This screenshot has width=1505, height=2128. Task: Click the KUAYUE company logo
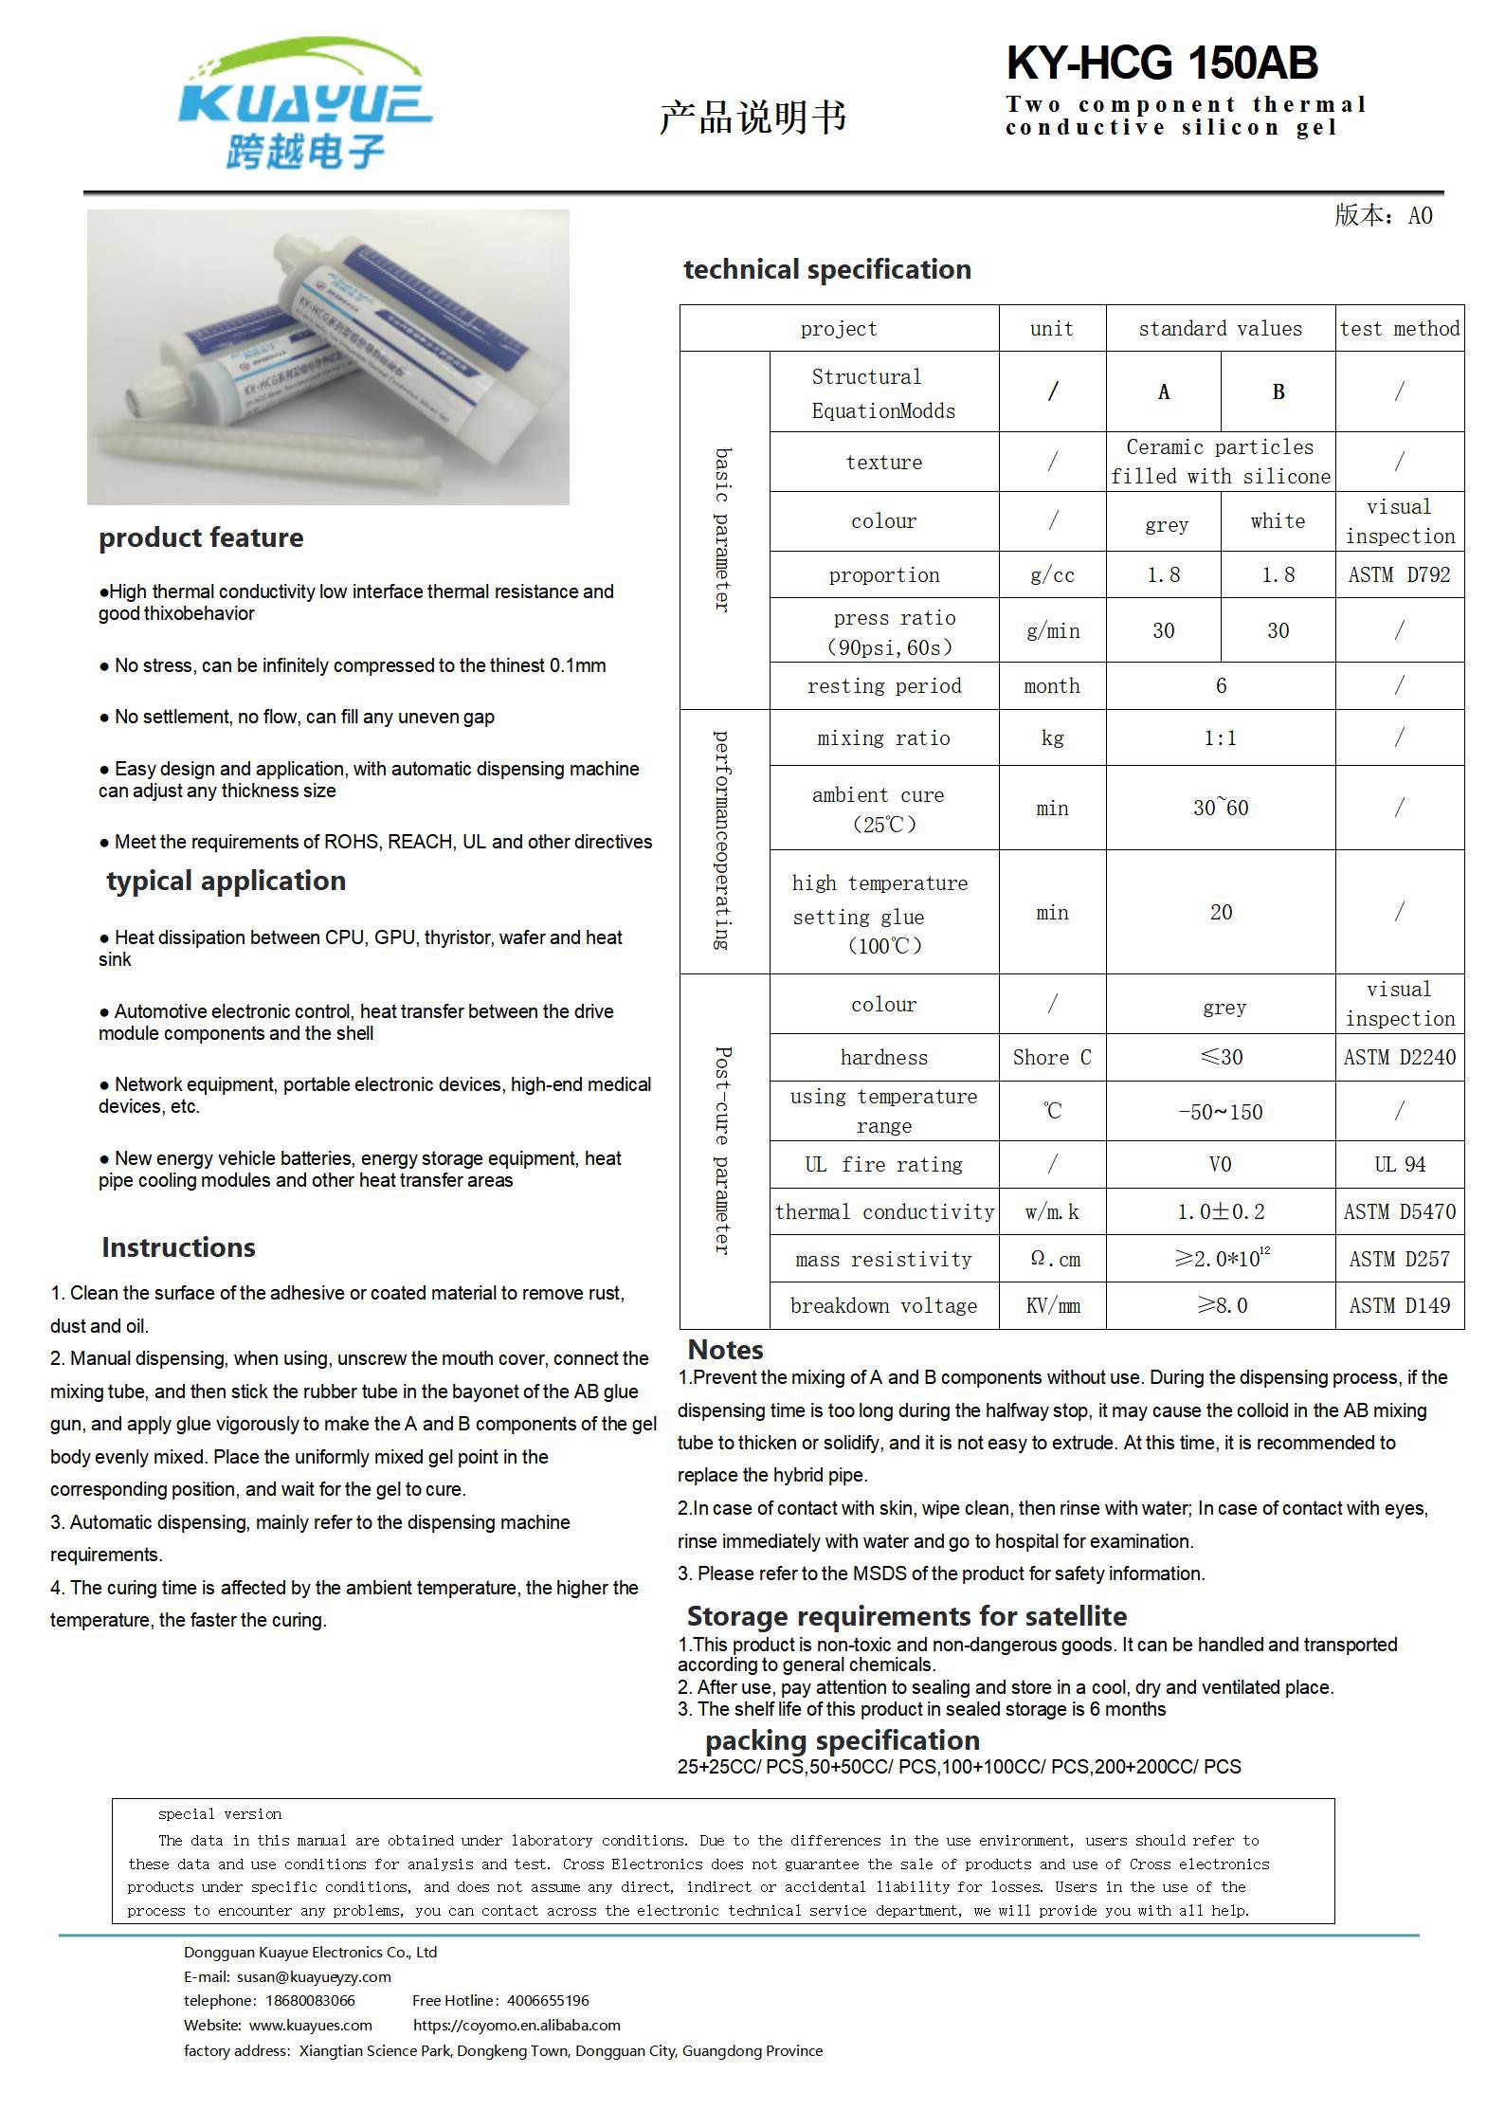pyautogui.click(x=305, y=104)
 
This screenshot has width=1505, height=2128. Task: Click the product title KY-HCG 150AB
pyautogui.click(x=1161, y=64)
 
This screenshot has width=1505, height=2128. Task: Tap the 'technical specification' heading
pyautogui.click(x=827, y=269)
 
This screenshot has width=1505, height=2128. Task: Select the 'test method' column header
pyautogui.click(x=1399, y=329)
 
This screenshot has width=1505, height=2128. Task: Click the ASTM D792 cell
pyautogui.click(x=1399, y=574)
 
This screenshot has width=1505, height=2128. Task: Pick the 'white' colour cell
pyautogui.click(x=1278, y=521)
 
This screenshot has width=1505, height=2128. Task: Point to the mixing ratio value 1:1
pyautogui.click(x=1220, y=737)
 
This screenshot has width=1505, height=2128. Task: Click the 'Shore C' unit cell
pyautogui.click(x=1052, y=1057)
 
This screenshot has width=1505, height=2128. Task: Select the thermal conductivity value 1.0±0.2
pyautogui.click(x=1220, y=1211)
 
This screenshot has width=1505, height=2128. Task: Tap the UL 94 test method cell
pyautogui.click(x=1399, y=1164)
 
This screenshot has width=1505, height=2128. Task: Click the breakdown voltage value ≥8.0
pyautogui.click(x=1222, y=1305)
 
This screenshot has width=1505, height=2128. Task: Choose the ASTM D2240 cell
pyautogui.click(x=1399, y=1057)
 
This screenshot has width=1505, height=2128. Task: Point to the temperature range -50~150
pyautogui.click(x=1220, y=1111)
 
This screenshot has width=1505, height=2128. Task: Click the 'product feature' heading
pyautogui.click(x=201, y=537)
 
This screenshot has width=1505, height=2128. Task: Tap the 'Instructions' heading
pyautogui.click(x=178, y=1247)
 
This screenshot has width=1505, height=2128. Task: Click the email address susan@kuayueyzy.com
pyautogui.click(x=314, y=1976)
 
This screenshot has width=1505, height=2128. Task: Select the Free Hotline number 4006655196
pyautogui.click(x=548, y=2000)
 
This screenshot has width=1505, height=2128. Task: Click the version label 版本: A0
pyautogui.click(x=1383, y=216)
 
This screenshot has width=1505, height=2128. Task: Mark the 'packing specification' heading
pyautogui.click(x=842, y=1740)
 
